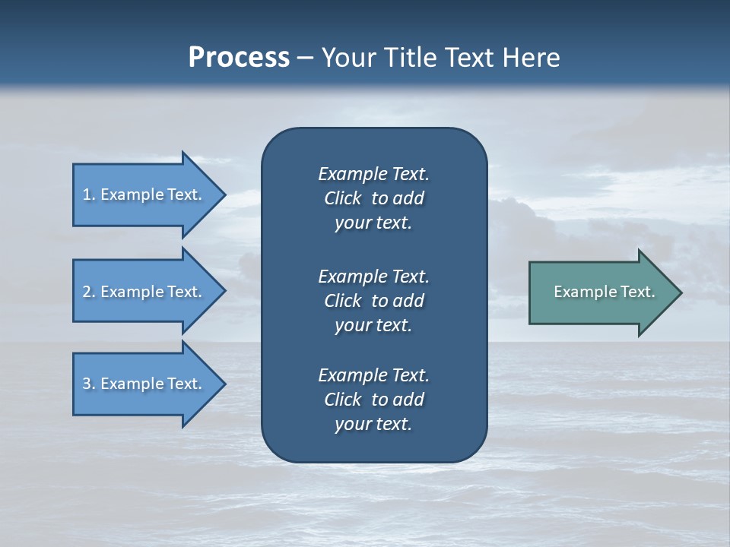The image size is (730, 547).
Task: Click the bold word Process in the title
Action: [239, 57]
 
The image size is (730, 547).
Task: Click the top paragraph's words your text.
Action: [373, 223]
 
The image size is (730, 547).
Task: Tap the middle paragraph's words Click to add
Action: [374, 301]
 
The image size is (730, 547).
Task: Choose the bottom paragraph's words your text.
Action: [373, 425]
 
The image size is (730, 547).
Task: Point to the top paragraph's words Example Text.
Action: [373, 174]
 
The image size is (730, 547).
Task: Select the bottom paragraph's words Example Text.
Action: [373, 375]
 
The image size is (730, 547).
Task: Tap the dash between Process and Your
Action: [306, 58]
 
